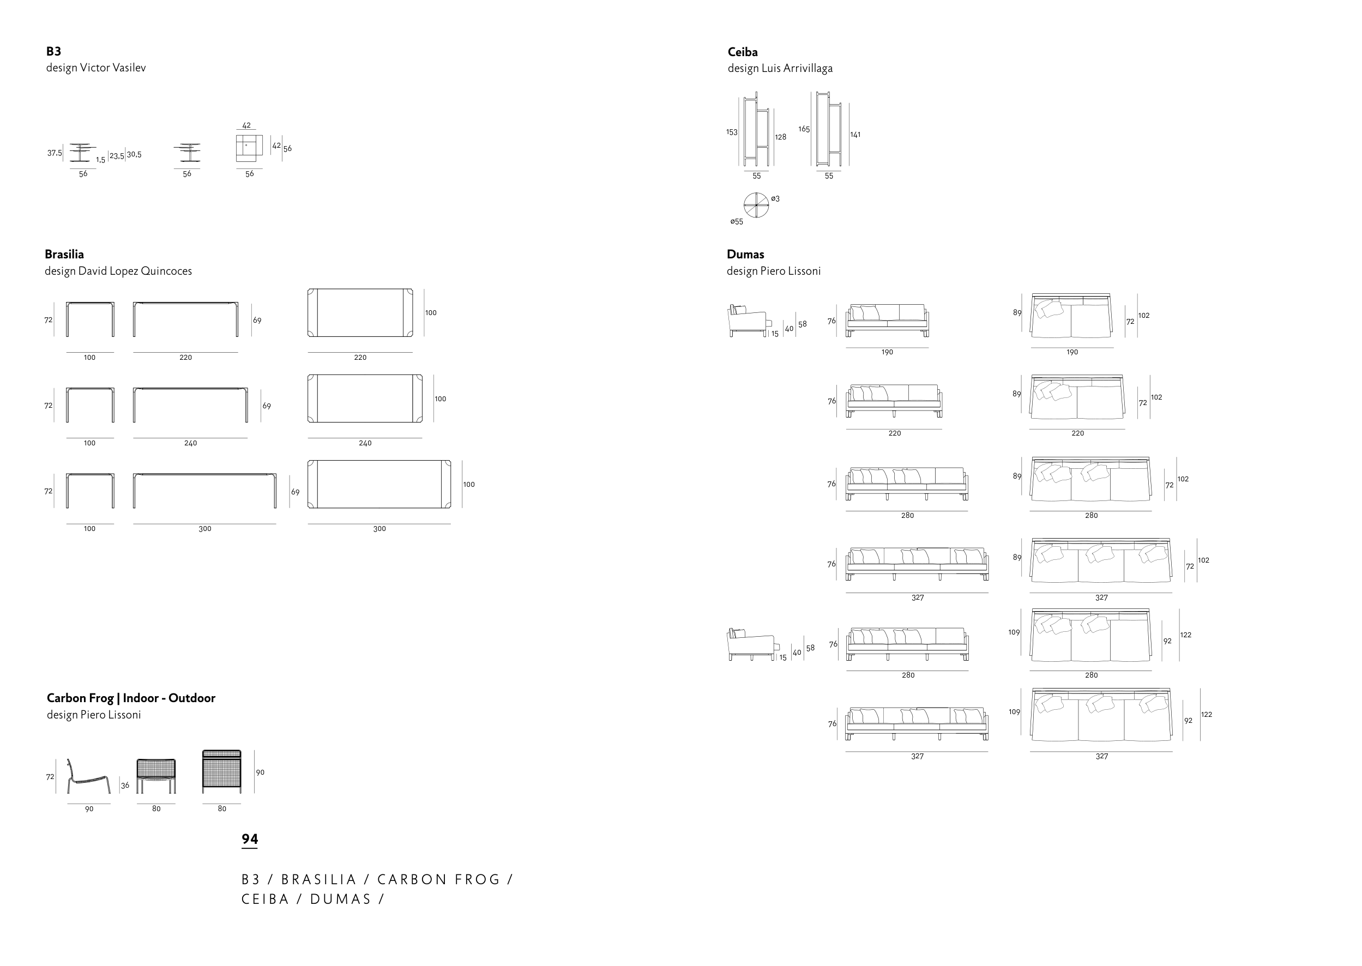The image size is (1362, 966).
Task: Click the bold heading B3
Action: click(x=53, y=51)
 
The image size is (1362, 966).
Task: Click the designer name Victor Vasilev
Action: click(x=112, y=68)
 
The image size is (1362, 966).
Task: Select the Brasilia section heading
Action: click(x=64, y=255)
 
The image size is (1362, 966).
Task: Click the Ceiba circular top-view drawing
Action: click(x=756, y=205)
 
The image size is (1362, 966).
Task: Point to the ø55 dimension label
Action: click(x=737, y=222)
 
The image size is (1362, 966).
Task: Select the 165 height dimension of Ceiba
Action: click(x=804, y=129)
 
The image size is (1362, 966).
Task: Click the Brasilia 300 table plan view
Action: click(x=379, y=484)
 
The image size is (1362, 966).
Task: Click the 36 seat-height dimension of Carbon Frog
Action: click(x=125, y=786)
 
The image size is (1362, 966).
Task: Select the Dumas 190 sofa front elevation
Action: click(x=887, y=321)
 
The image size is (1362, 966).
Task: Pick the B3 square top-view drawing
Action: click(x=249, y=148)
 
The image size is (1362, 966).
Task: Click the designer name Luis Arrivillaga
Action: click(x=797, y=68)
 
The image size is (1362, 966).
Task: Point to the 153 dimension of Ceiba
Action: click(x=732, y=132)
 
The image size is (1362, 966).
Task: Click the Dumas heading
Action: click(x=745, y=255)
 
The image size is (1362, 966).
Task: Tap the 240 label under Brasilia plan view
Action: click(x=365, y=443)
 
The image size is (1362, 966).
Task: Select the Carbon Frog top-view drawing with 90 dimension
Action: click(x=222, y=771)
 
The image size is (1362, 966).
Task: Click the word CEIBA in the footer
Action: click(x=266, y=899)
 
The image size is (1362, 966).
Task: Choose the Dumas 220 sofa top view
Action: click(x=1077, y=397)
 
